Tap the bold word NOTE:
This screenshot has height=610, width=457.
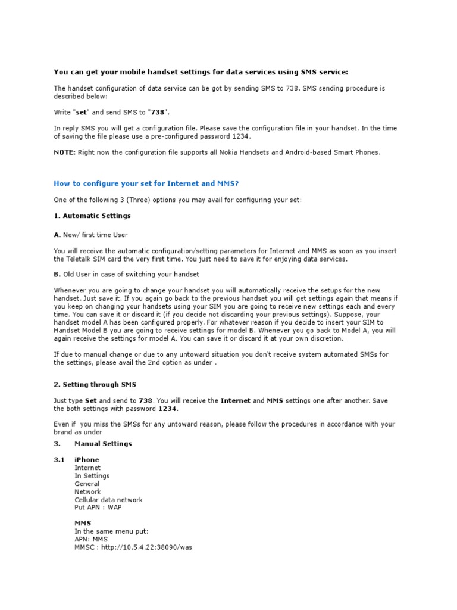(x=64, y=152)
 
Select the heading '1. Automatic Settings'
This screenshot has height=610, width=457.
(x=92, y=216)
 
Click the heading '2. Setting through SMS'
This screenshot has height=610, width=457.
(x=95, y=385)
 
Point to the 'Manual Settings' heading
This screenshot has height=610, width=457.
(x=103, y=444)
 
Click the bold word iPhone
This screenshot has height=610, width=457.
(x=87, y=460)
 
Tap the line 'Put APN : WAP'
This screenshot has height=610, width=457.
(x=98, y=508)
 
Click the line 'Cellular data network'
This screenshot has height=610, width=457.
(x=108, y=500)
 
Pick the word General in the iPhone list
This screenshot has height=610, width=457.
(x=87, y=484)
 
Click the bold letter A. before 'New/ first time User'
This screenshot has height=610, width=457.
(x=57, y=235)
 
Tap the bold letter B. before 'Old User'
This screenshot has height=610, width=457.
(x=57, y=274)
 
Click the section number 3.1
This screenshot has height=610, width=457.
(x=60, y=460)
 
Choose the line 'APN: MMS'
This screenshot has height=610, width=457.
(x=91, y=539)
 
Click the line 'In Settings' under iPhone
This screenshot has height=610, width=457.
(x=92, y=476)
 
